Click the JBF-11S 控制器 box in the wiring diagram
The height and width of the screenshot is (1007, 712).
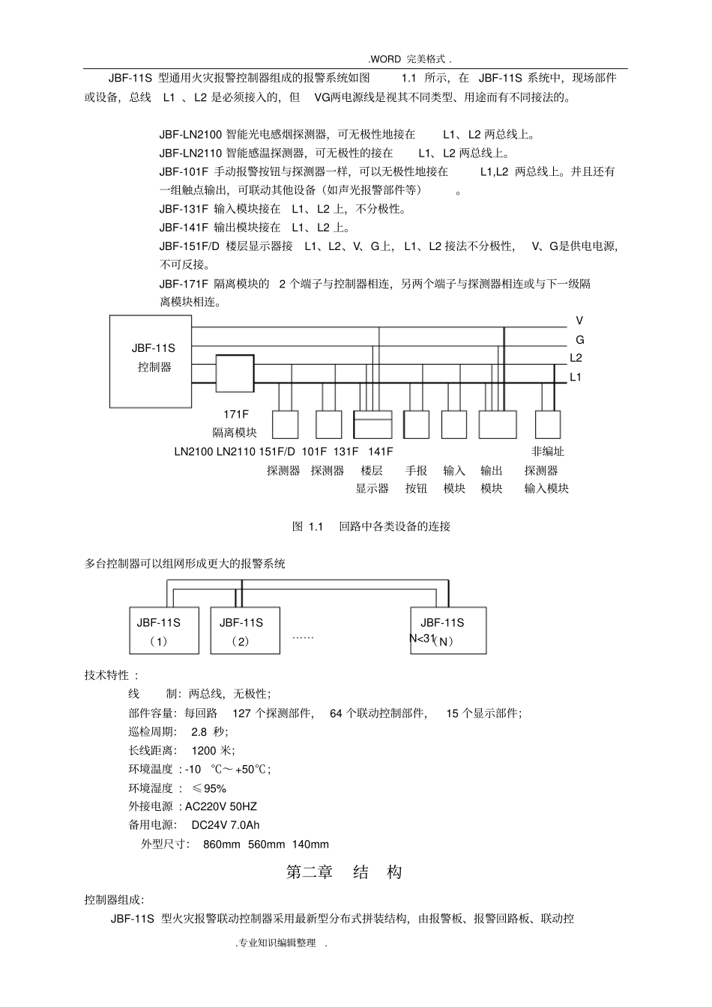click(150, 361)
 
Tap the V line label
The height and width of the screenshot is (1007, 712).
click(579, 320)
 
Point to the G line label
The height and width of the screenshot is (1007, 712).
click(579, 340)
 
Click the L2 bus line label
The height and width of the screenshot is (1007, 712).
click(576, 359)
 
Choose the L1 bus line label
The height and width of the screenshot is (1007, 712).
click(576, 377)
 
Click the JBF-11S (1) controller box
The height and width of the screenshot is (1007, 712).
click(163, 630)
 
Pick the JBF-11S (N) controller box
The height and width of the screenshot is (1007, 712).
click(448, 630)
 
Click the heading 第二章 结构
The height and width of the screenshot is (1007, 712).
click(345, 872)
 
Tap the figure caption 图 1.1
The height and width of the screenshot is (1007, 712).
click(371, 526)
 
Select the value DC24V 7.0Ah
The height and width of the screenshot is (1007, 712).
click(226, 825)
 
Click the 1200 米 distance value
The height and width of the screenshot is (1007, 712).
click(213, 750)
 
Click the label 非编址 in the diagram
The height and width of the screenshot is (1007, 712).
click(547, 451)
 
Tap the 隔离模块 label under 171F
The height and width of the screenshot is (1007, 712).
click(235, 433)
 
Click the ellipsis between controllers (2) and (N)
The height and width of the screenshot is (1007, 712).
click(303, 636)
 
